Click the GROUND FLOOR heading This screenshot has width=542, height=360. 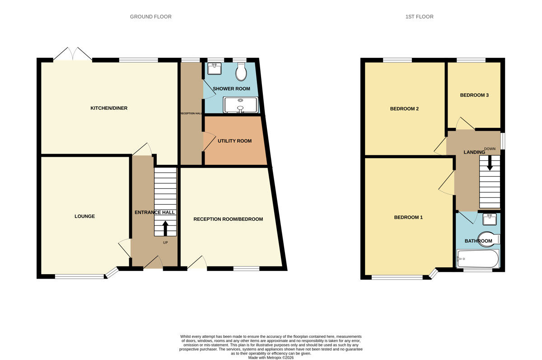point(150,17)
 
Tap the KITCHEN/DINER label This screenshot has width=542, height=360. point(109,108)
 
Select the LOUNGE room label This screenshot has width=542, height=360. point(84,216)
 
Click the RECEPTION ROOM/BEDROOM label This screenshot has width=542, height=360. point(228,219)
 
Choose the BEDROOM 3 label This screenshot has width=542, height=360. point(474,95)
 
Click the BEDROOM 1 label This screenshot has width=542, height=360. point(408,217)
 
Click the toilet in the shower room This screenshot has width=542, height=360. point(241,71)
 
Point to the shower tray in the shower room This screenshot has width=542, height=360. point(240,105)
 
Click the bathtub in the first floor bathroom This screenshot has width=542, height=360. point(477,259)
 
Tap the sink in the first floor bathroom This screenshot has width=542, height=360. point(490,219)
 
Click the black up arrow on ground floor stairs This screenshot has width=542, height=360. point(165,228)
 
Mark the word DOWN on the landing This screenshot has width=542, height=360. point(490,149)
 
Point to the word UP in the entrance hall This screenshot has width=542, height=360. point(165,243)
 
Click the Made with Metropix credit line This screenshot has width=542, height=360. point(271,357)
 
